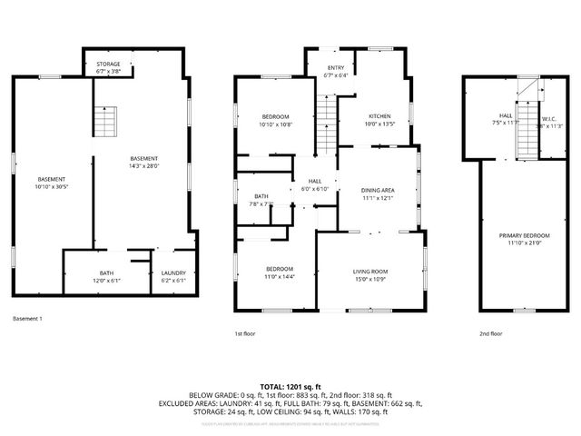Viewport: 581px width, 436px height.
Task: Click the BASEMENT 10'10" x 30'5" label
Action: click(52, 183)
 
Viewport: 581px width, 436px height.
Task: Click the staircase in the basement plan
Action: click(106, 120)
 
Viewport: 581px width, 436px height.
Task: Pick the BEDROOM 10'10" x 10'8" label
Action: click(276, 121)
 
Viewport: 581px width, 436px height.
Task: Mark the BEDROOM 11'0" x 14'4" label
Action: click(280, 272)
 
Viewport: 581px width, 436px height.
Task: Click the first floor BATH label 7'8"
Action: click(261, 200)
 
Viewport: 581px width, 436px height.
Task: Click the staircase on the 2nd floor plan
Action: click(524, 132)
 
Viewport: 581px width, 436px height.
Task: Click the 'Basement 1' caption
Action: click(28, 319)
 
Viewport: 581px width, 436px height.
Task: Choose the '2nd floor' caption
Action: click(490, 333)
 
